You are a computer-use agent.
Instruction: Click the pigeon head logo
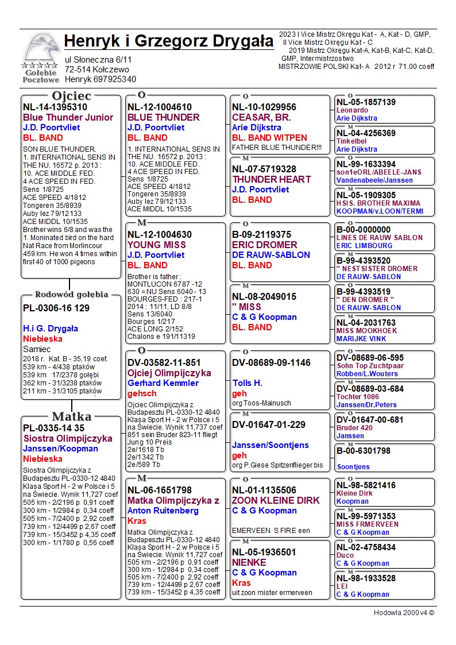40,49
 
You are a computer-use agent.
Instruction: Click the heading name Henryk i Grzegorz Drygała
169,41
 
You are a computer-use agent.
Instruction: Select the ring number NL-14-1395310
55,107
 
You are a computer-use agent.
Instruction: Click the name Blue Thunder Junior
68,118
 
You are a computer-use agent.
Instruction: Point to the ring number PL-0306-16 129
56,308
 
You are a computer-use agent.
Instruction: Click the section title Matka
71,416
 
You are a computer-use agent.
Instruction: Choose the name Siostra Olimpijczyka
68,439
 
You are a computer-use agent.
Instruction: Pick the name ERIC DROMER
265,245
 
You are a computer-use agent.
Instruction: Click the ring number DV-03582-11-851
164,362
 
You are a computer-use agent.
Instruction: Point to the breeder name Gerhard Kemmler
163,383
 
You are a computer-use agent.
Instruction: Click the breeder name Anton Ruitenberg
163,511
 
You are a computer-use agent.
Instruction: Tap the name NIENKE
249,562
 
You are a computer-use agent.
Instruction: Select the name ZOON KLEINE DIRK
276,500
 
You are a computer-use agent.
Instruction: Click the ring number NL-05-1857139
366,102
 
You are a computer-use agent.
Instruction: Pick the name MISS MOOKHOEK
366,331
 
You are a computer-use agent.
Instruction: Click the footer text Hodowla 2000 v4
404,612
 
